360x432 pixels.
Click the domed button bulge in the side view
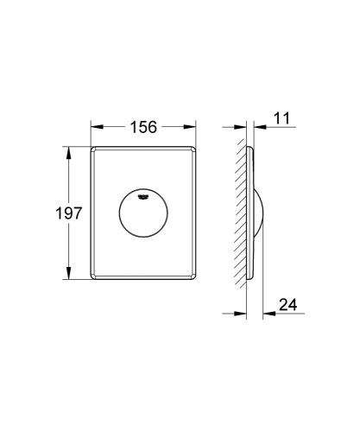coord(262,213)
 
